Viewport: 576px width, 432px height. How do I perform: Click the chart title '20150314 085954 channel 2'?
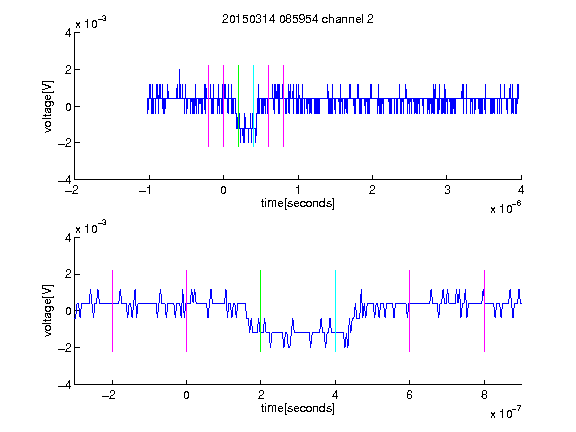[298, 19]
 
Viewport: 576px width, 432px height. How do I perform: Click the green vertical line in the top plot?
[238, 106]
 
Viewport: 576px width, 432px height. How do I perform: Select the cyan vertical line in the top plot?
[253, 106]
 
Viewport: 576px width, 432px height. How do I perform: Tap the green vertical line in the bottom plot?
[260, 311]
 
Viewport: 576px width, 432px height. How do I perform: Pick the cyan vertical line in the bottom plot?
[335, 311]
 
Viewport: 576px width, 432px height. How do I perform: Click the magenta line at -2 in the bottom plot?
[112, 311]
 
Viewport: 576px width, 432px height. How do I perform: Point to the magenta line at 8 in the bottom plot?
[485, 311]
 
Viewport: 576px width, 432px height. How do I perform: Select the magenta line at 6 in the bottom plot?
[410, 311]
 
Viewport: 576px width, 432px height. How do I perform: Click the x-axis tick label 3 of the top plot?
[447, 190]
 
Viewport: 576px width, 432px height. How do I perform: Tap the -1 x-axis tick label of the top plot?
[146, 190]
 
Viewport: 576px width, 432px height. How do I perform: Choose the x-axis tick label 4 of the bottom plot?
[335, 395]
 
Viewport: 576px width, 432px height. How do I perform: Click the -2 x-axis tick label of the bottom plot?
[109, 395]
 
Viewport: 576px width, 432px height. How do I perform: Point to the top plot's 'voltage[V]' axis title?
[48, 106]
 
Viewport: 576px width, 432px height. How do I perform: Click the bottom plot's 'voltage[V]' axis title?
[48, 310]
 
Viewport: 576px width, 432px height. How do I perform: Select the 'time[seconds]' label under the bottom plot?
[298, 408]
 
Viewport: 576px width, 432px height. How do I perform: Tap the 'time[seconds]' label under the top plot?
[298, 203]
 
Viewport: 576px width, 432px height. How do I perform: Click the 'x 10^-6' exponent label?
[505, 207]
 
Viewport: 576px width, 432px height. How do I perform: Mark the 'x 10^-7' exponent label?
[505, 412]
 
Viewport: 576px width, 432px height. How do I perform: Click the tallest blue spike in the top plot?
[179, 83]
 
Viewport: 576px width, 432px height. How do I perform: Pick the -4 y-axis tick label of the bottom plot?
[65, 385]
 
